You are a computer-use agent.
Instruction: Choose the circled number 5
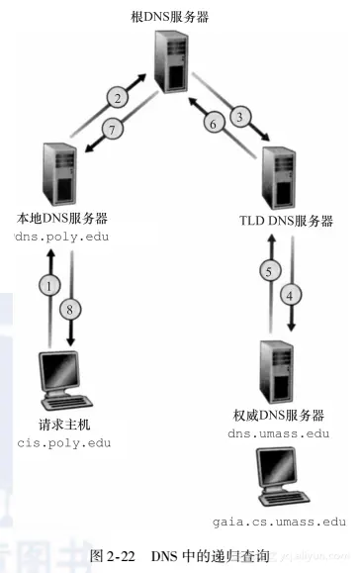tap(264, 271)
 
